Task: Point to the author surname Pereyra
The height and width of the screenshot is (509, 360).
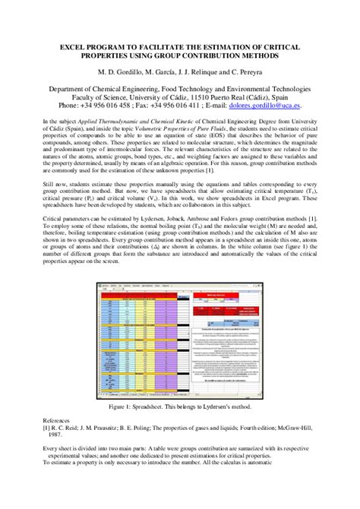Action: pos(248,73)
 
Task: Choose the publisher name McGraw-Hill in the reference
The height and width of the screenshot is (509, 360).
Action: pos(294,427)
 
